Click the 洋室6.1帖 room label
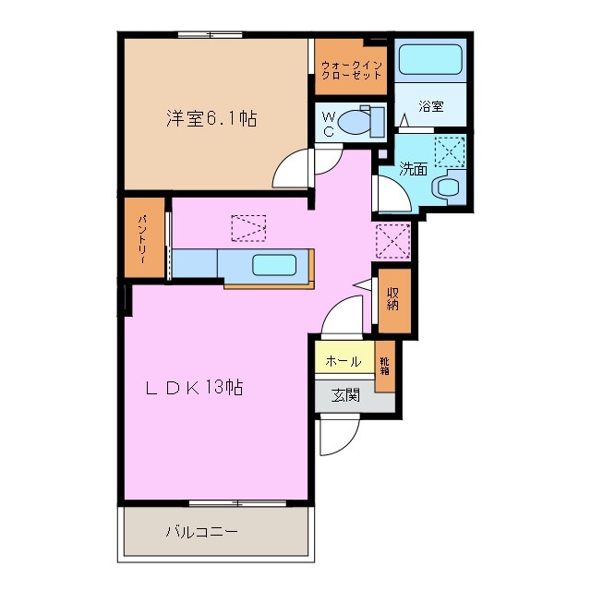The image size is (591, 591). tap(211, 118)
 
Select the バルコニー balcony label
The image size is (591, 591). tap(202, 532)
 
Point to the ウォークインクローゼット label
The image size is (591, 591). tap(352, 69)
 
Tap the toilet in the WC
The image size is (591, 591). tap(356, 121)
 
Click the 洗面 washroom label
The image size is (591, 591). tap(413, 169)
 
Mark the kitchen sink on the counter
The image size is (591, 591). tap(274, 266)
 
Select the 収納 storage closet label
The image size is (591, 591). tap(392, 297)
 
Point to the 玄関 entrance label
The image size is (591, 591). tap(345, 396)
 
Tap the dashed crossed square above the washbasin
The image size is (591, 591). tap(450, 150)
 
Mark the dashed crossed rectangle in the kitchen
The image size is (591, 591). tap(248, 227)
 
